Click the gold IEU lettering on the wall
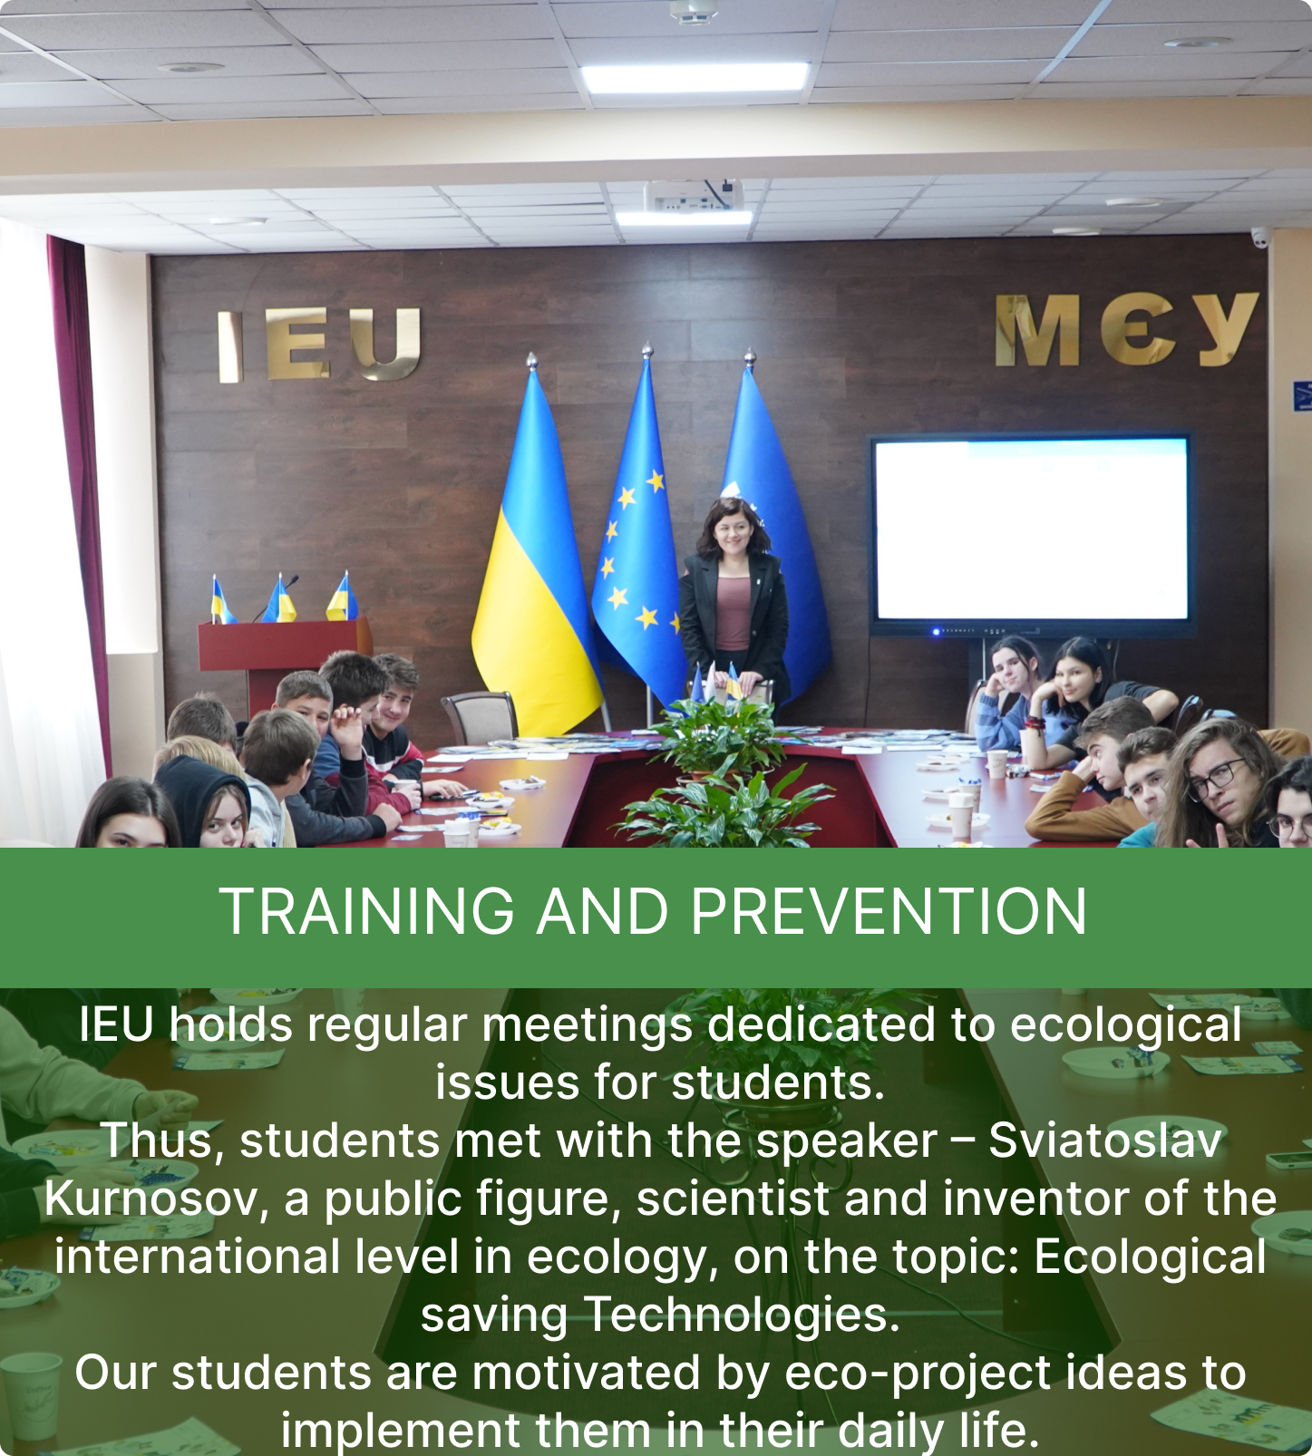coord(319,345)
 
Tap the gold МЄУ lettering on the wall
coord(1126,329)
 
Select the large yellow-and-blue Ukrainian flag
coord(535,562)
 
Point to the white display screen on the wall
coord(1031,531)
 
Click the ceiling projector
coord(694,195)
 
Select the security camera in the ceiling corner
coord(1260,238)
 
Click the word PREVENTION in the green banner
coord(889,911)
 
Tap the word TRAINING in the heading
coord(367,911)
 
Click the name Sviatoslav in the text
coord(1105,1140)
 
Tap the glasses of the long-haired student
coord(1218,779)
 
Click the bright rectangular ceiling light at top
coord(695,77)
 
